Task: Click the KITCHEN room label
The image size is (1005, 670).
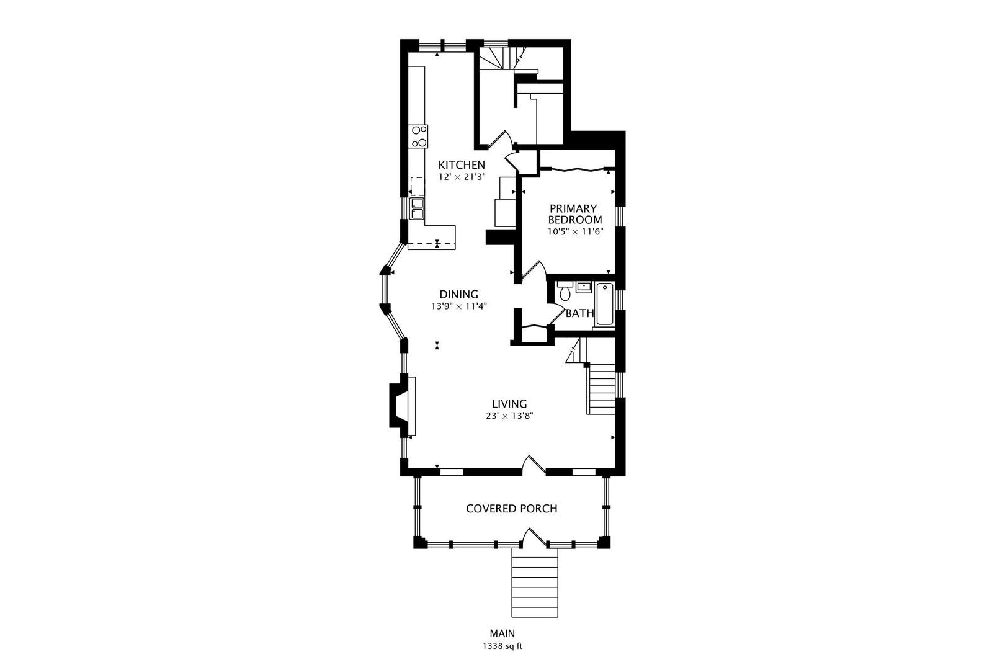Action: coord(462,164)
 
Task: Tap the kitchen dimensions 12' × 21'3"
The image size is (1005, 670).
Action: coord(462,177)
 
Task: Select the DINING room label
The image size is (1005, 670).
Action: coord(458,295)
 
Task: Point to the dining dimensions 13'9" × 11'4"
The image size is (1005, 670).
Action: coord(459,306)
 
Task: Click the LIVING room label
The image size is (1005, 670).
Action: coord(509,404)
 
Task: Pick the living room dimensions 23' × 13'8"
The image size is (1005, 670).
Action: coord(509,416)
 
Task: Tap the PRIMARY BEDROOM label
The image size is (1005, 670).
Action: coord(574,215)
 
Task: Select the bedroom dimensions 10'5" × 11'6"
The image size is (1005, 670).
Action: coord(574,232)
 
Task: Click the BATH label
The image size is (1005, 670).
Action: coord(579,313)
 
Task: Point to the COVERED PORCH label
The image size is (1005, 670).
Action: coord(511,509)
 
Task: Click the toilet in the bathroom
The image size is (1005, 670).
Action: coord(565,291)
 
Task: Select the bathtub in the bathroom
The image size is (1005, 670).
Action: coord(605,304)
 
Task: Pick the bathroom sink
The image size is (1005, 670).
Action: coord(584,287)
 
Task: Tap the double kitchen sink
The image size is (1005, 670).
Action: coord(103,209)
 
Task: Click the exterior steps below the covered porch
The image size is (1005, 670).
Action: coord(535,583)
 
